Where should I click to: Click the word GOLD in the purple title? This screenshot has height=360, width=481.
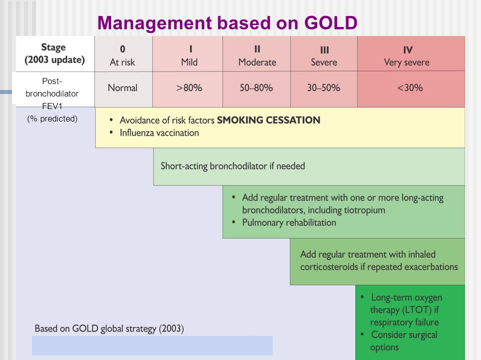tap(331, 22)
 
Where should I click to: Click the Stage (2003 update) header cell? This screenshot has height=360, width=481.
tap(55, 54)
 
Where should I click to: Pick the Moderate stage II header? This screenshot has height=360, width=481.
tap(257, 54)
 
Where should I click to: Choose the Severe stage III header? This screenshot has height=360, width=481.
tap(324, 54)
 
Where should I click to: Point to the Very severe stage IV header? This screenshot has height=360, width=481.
tap(411, 54)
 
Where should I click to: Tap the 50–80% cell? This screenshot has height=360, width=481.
tap(257, 89)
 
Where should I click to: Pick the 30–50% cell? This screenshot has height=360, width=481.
tap(324, 89)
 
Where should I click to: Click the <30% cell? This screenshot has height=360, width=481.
tap(411, 89)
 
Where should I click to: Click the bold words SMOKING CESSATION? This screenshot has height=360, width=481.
tap(269, 120)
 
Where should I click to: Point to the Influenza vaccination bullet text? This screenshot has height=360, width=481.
tap(159, 133)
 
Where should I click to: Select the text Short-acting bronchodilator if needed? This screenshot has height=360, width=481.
tap(233, 166)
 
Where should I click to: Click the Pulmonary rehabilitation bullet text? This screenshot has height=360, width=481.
tap(289, 222)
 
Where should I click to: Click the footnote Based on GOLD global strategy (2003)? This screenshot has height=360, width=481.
tap(109, 328)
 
